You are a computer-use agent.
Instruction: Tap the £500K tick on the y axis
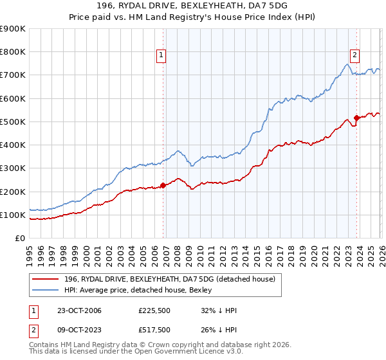coord(13,122)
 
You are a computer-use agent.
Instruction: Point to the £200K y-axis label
coord(13,192)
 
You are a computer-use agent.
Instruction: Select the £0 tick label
coord(19,239)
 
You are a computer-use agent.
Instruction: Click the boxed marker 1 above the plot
coord(161,55)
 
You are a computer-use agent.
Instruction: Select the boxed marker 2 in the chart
coord(354,55)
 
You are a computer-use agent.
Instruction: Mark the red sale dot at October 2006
coord(163,185)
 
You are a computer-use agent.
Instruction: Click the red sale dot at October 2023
coord(357,118)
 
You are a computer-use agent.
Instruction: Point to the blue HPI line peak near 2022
coord(347,64)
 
